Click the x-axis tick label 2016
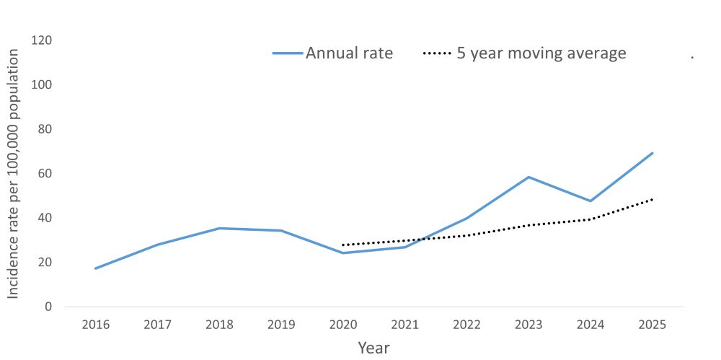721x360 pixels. click(95, 325)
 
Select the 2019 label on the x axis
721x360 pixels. click(281, 325)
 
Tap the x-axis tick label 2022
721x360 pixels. click(466, 325)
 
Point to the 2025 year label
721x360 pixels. click(653, 325)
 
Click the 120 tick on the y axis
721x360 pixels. click(43, 40)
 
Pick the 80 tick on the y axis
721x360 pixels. click(46, 129)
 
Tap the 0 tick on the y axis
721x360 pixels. click(49, 307)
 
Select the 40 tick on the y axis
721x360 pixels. click(46, 218)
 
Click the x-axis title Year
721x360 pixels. click(373, 348)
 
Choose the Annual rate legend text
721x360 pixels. click(349, 53)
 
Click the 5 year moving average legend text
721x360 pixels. click(541, 53)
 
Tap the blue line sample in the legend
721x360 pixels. click(288, 53)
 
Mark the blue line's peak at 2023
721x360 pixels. click(528, 177)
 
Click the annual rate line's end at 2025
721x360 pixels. click(653, 153)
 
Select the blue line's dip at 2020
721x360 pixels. click(342, 253)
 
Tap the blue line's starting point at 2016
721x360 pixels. click(95, 268)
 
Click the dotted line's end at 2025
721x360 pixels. click(653, 199)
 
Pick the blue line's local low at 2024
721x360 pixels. click(590, 201)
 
